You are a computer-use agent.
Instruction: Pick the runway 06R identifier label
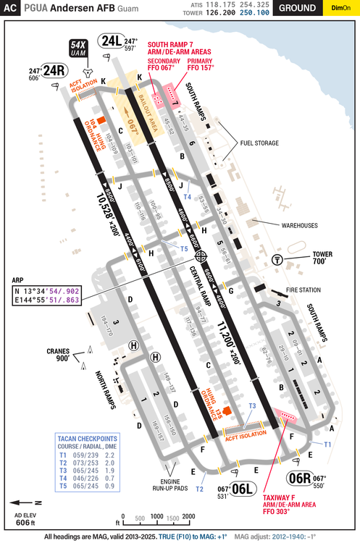tap(300, 478)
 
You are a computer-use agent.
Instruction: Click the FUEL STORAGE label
tap(259, 143)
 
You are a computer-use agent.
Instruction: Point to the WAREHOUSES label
tap(296, 225)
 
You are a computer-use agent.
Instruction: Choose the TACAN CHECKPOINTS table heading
tap(87, 438)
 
